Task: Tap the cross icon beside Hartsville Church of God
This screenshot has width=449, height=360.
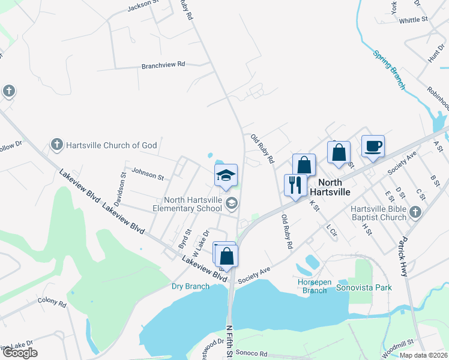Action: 56,145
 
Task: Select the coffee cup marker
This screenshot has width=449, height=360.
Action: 373,146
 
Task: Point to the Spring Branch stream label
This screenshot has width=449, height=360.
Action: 390,70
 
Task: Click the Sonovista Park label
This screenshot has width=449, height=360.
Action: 364,287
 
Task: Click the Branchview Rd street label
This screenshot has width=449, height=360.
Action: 163,64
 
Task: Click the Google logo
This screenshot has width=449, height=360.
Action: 20,353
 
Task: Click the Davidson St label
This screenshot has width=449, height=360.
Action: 119,189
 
